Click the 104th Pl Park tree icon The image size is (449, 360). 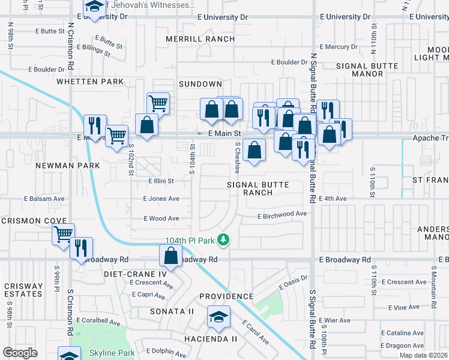coord(223,240)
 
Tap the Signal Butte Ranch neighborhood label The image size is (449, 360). coord(258,188)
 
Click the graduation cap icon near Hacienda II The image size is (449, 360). coord(218,316)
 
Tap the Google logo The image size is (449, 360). coord(20,353)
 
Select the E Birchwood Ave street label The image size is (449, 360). coord(282,214)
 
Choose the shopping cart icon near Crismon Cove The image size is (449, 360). coord(64,235)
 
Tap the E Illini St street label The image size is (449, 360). coord(160,181)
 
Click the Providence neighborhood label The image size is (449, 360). coord(226,296)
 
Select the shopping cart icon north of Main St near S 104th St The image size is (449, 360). coord(158,103)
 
